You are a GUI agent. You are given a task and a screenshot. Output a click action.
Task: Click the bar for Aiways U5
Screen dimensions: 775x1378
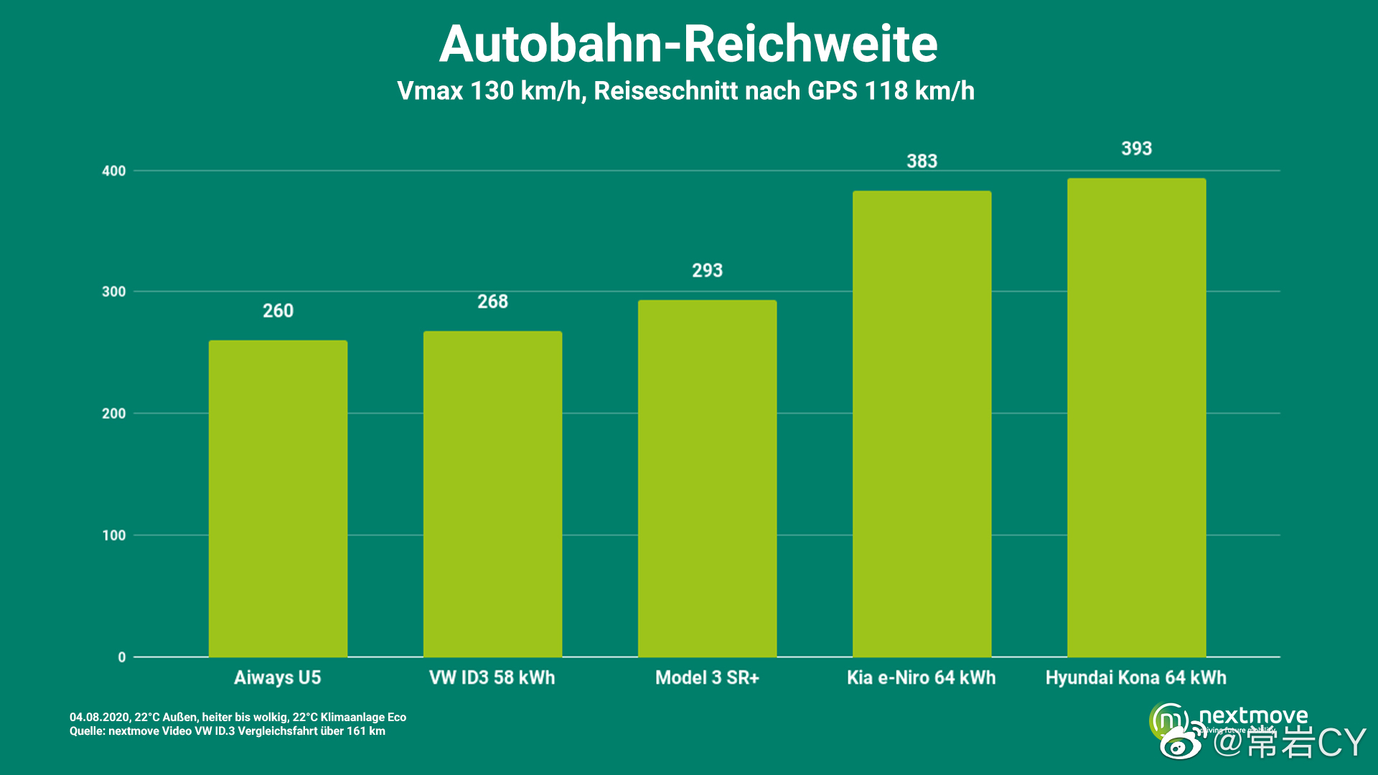278,499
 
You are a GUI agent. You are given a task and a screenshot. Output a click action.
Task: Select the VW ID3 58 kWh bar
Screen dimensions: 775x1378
492,494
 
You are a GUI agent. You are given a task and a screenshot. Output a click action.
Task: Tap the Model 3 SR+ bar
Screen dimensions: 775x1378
707,479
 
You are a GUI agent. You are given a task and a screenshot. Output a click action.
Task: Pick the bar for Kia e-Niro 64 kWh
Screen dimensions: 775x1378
922,423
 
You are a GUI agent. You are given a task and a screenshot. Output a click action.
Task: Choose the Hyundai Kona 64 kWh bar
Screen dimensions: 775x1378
1136,418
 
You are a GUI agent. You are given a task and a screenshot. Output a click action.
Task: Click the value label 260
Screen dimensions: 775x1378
278,311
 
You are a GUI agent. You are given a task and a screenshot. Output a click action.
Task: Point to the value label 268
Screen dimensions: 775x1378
492,301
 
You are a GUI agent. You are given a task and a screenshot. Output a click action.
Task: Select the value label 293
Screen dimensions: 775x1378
707,271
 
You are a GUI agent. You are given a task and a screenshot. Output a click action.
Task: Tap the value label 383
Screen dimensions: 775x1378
922,161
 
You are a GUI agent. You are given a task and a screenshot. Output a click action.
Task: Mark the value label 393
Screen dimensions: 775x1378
1136,149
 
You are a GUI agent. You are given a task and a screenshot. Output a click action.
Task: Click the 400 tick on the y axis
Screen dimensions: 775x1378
113,171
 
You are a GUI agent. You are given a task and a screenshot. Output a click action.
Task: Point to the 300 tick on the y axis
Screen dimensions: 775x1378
113,291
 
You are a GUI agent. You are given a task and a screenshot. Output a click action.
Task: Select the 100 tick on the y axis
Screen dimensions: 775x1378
113,535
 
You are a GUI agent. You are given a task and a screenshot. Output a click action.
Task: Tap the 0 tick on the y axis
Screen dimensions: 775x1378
121,657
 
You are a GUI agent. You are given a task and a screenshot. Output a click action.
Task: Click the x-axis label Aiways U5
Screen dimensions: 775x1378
278,677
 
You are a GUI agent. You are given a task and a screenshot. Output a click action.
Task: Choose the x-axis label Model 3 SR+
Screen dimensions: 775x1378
707,677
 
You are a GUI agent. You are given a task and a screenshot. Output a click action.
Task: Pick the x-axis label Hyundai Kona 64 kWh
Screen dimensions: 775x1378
1135,677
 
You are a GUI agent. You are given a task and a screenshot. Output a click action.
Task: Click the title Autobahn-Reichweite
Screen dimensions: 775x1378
688,44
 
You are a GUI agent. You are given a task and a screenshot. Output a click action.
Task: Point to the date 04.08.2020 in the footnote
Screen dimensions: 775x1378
99,717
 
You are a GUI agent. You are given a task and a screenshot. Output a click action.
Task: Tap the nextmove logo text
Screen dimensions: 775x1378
1252,715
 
